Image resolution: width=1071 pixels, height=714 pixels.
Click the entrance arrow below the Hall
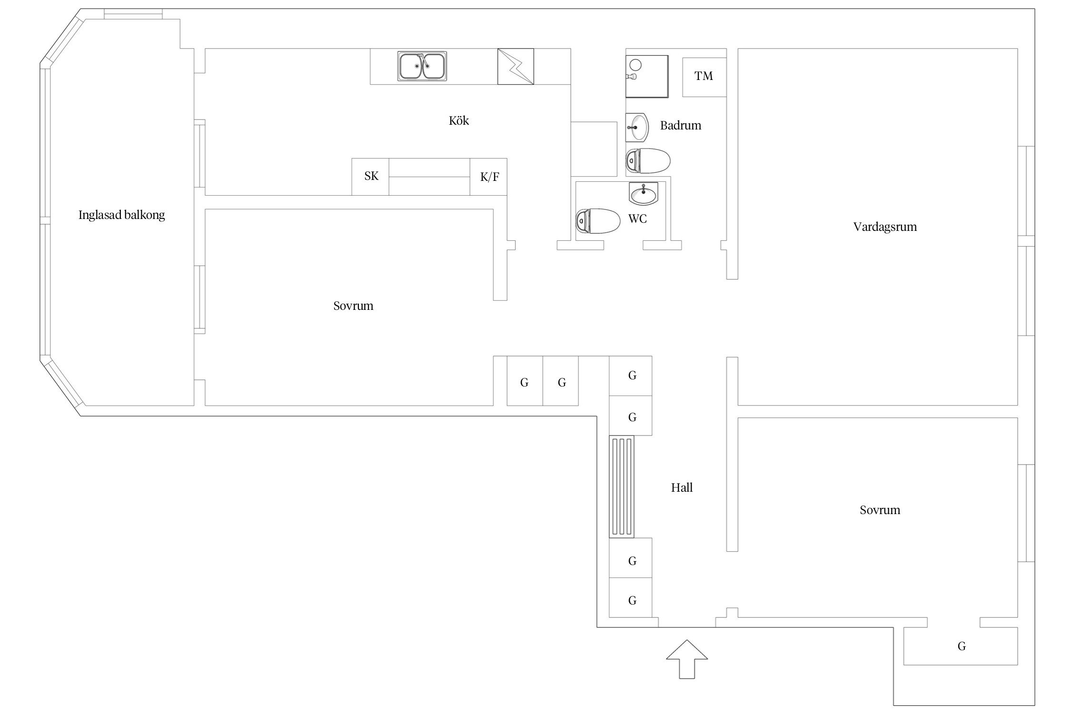click(686, 659)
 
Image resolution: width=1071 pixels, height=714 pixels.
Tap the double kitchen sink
click(422, 66)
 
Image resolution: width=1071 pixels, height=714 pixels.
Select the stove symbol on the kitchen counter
click(516, 67)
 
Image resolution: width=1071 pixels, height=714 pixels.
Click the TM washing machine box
click(704, 77)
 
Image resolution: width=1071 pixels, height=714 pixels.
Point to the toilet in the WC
click(598, 221)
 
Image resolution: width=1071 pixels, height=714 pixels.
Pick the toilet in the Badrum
click(648, 161)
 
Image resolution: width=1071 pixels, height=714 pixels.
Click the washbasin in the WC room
click(644, 194)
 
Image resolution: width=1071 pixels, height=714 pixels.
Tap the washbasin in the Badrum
click(637, 128)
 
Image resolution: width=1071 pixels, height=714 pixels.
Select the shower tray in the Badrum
click(647, 77)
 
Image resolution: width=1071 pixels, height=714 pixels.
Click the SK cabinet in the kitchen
click(370, 177)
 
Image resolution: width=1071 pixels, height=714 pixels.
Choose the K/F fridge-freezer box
click(488, 177)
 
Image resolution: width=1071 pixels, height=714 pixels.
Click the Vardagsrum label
click(885, 227)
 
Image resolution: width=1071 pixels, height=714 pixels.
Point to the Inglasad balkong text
click(122, 215)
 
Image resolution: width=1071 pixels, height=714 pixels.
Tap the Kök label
click(459, 120)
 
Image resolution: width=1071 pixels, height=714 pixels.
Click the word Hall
click(682, 487)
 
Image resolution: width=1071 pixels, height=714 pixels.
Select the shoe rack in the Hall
click(622, 486)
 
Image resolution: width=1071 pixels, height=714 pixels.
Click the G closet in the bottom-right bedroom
click(961, 646)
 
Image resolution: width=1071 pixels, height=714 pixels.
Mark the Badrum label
click(681, 125)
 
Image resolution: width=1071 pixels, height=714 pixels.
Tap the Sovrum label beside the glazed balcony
click(353, 306)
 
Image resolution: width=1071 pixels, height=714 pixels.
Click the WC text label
click(637, 219)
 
